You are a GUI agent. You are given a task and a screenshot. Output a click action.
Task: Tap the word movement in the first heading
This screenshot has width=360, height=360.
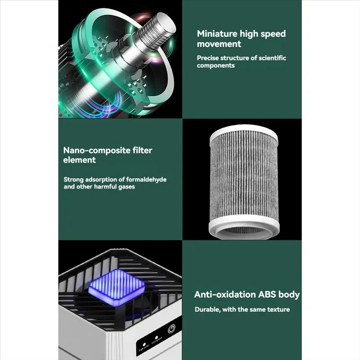[x=219, y=44]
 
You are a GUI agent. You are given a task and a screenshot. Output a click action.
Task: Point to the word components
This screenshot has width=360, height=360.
[x=216, y=66]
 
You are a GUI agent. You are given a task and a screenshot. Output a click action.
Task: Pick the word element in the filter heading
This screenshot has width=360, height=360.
[x=80, y=160]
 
